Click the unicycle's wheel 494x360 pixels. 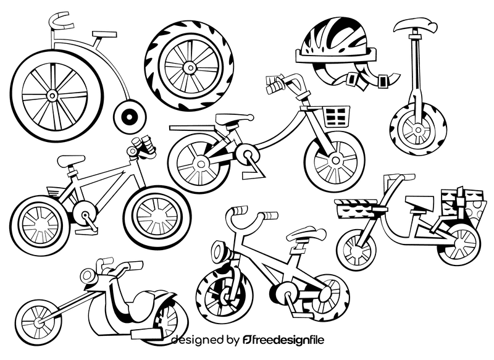tap(418, 130)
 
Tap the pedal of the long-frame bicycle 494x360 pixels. tap(251, 175)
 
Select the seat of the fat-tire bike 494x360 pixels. tap(71, 161)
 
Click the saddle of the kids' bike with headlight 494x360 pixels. tap(306, 234)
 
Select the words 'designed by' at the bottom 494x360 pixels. tap(204, 340)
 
